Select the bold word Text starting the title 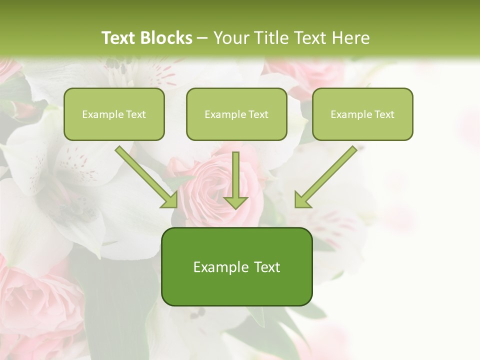(118, 38)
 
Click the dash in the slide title (202, 38)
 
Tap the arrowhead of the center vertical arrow (235, 201)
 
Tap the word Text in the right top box (384, 114)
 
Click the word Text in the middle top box (258, 114)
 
